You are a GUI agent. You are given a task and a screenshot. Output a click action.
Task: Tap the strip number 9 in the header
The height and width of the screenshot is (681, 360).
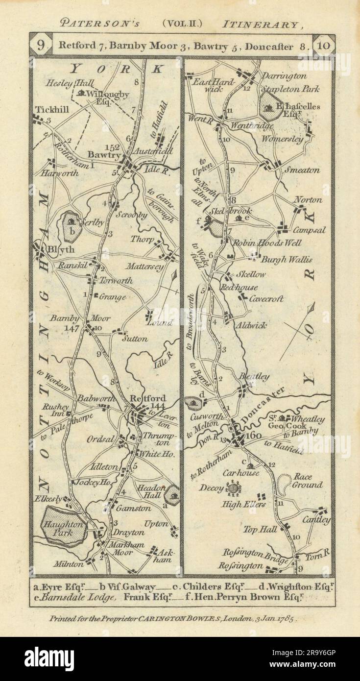[x=40, y=46]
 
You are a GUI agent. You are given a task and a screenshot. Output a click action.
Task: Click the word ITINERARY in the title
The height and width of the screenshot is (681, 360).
[x=259, y=23]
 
